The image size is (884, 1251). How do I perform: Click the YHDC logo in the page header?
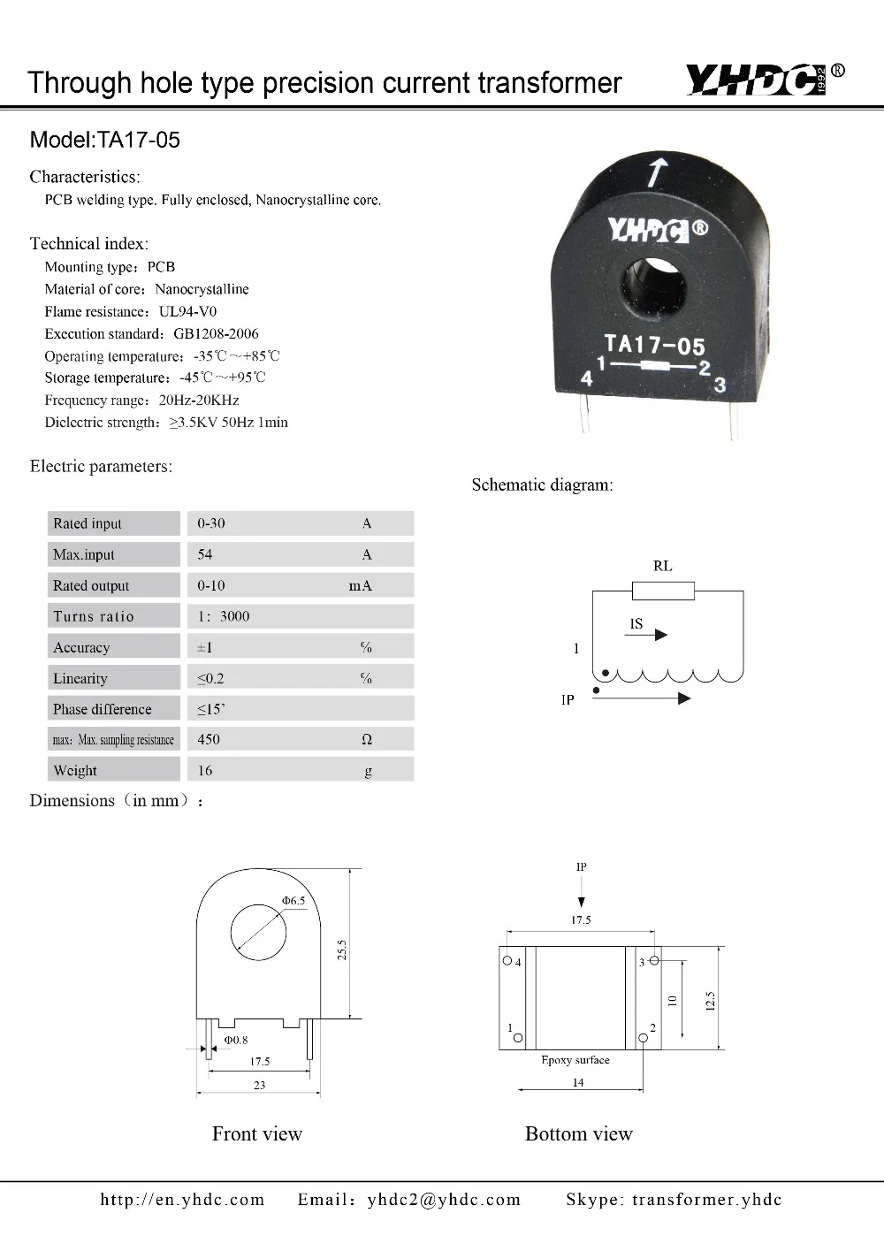764,80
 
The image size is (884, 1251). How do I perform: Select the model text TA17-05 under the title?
139,140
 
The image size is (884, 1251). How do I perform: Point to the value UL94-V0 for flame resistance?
187,311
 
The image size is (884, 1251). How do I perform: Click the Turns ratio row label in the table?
93,616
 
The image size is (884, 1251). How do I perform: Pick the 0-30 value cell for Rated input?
211,523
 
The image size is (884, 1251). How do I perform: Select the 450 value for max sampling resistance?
209,739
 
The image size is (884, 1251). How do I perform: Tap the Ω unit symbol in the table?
366,739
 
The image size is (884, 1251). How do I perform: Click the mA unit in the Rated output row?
360,585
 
